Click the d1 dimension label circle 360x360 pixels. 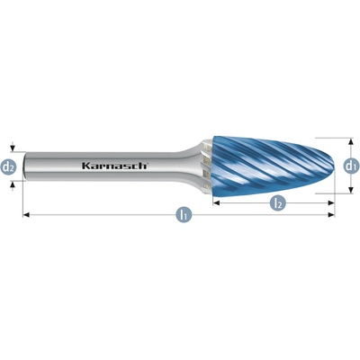point(350,166)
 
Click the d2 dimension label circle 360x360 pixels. point(9,166)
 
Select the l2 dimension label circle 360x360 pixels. point(277,203)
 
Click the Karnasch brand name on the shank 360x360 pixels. point(114,166)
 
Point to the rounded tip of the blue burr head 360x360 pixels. point(333,166)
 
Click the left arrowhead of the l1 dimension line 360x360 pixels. point(26,214)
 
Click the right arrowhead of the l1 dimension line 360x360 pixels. point(331,214)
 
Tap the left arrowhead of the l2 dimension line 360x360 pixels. point(216,203)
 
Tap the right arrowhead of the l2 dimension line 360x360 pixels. point(331,203)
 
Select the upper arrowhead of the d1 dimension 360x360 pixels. point(350,141)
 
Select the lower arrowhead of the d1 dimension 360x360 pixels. point(350,190)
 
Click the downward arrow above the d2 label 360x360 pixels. point(12,148)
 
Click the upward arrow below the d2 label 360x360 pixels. point(12,186)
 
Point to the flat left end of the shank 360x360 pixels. point(24,166)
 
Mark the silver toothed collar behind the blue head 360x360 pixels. point(208,166)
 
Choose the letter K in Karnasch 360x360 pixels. point(85,166)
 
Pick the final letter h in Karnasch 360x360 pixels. point(143,166)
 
